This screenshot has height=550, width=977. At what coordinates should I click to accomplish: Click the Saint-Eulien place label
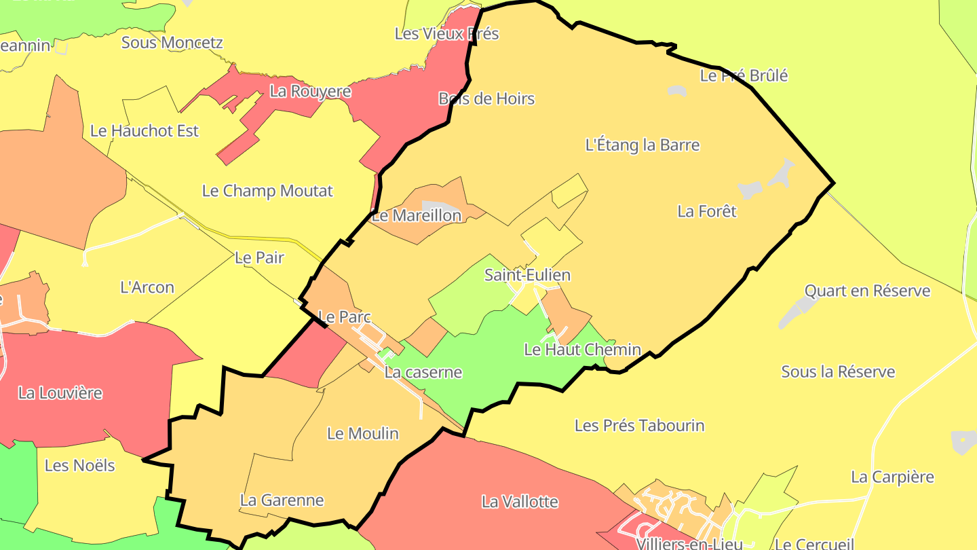tap(527, 275)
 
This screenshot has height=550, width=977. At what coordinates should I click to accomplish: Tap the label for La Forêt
tap(707, 211)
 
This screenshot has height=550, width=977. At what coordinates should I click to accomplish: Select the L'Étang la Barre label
tap(642, 145)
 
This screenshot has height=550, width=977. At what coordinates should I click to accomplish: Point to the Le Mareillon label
tap(417, 216)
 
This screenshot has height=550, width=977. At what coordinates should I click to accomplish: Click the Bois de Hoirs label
tap(486, 98)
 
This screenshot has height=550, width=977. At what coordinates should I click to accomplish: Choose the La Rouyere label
tap(310, 91)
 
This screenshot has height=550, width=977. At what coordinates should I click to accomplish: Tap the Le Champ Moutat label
tap(267, 191)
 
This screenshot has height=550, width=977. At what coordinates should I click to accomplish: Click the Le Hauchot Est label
tap(145, 130)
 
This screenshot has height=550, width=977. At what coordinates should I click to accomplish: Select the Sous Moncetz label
tap(172, 42)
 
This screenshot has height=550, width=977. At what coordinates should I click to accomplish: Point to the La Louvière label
tap(60, 392)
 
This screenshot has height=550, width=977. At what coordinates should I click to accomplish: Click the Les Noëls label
tap(80, 465)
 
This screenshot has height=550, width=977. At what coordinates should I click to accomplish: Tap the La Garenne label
tap(282, 500)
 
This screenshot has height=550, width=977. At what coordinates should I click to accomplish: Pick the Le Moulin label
tap(362, 433)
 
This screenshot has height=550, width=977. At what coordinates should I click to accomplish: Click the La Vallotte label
tap(520, 502)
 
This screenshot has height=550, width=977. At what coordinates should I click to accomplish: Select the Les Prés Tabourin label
tap(639, 426)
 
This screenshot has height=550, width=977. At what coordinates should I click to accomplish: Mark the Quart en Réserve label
tap(867, 291)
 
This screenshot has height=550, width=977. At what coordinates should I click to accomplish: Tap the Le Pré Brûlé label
tap(744, 75)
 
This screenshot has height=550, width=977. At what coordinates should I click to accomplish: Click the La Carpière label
tap(892, 477)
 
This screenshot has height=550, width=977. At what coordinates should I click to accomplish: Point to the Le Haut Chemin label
tap(582, 350)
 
